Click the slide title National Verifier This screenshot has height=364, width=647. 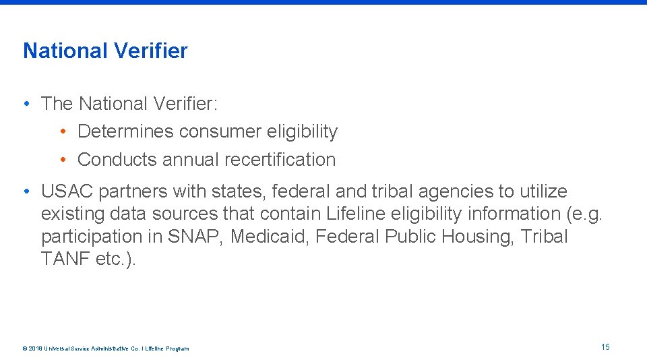[x=105, y=51]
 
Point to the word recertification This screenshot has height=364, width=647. [x=280, y=160]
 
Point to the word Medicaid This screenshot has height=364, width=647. [x=271, y=237]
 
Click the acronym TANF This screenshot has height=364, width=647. [x=65, y=260]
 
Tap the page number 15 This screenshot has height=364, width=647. [x=605, y=346]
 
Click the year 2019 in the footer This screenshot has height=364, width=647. [x=35, y=348]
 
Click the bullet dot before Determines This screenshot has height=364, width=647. [x=62, y=131]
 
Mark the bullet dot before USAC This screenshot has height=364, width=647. [x=26, y=191]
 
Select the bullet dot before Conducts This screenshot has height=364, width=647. [x=62, y=160]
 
